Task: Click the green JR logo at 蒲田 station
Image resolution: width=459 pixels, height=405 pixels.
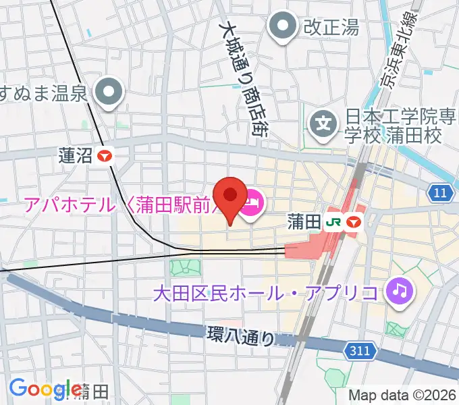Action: coord(333,222)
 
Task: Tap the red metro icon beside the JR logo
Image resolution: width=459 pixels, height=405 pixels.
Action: coord(354,222)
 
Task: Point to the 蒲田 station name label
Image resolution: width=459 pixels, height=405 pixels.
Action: coord(302,222)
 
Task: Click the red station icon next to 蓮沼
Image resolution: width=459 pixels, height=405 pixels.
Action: coord(105,156)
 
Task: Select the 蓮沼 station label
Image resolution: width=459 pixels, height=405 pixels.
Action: coord(75,156)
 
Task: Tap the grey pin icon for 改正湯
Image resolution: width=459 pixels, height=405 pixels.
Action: coord(281,28)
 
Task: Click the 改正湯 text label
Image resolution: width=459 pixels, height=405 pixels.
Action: coord(330,28)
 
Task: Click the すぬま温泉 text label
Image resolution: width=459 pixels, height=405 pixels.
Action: coord(45,92)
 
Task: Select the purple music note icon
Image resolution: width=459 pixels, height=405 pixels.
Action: coord(400,292)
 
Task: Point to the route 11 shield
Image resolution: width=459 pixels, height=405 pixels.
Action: coord(439,194)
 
